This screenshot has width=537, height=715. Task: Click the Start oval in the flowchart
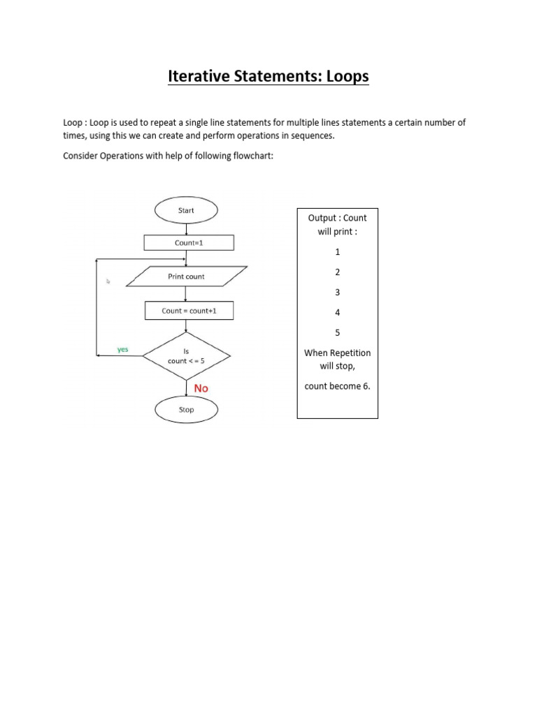click(x=186, y=210)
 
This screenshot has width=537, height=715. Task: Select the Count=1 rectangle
click(x=189, y=243)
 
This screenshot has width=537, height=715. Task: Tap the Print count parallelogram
click(x=186, y=277)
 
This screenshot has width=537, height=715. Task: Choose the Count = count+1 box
click(x=189, y=311)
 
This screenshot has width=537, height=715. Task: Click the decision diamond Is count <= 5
click(x=186, y=356)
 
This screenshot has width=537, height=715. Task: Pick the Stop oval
click(x=186, y=410)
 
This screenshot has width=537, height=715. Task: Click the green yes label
click(x=123, y=349)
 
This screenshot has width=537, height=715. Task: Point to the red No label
click(x=201, y=388)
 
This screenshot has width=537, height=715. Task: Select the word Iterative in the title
click(x=203, y=76)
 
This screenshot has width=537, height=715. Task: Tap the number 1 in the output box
click(x=338, y=252)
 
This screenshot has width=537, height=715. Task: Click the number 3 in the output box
click(x=338, y=293)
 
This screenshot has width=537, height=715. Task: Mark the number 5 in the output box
click(x=338, y=333)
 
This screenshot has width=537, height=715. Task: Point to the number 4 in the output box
click(x=338, y=313)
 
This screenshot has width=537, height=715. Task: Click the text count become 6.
click(x=338, y=386)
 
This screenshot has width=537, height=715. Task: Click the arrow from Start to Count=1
click(x=186, y=228)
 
